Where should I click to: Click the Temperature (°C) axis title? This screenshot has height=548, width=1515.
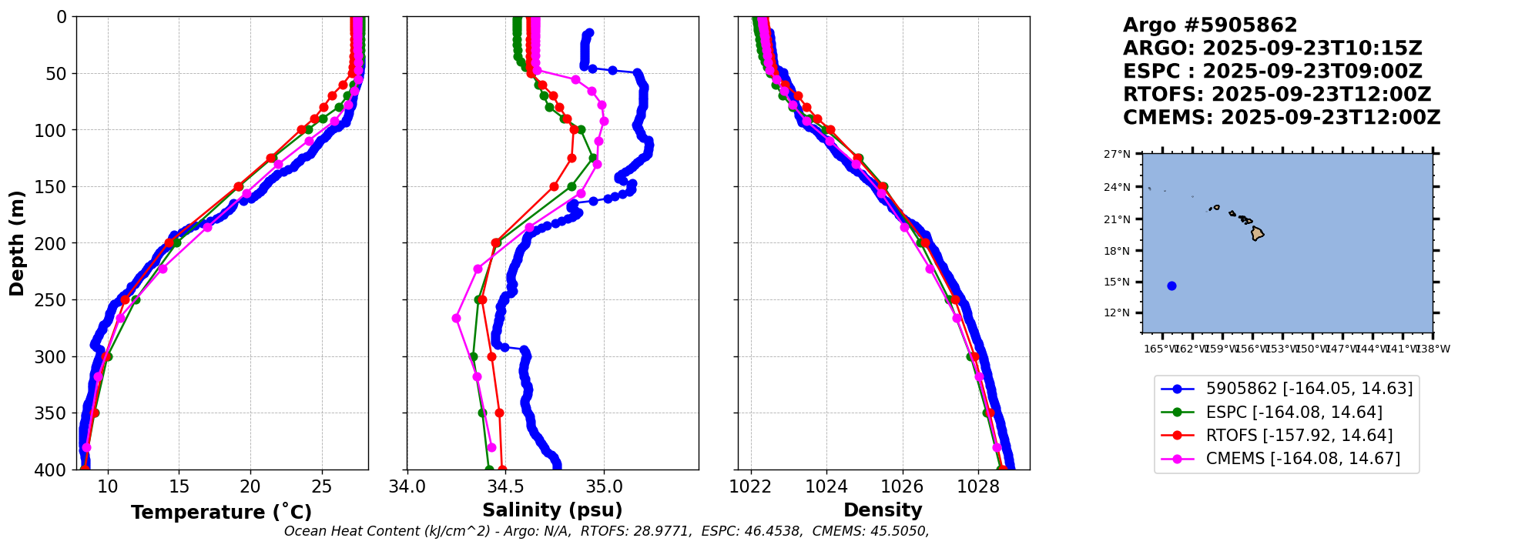(221, 513)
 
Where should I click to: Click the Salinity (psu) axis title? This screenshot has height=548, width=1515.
(552, 510)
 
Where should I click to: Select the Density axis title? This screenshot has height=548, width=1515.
(883, 510)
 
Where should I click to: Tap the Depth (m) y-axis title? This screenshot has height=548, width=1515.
(17, 243)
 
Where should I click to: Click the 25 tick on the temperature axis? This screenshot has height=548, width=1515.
(322, 486)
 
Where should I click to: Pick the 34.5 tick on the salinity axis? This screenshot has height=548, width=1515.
(505, 486)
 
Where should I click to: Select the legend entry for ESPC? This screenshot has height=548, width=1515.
(1294, 413)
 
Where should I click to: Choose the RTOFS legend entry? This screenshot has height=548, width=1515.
(1299, 436)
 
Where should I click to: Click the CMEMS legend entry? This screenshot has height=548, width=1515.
(1303, 459)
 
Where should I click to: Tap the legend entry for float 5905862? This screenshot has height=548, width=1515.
(1309, 389)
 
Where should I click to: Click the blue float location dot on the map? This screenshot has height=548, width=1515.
(1171, 286)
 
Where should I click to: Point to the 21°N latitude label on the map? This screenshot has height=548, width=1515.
(1117, 219)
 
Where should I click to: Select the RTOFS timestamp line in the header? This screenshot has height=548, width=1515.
(1276, 95)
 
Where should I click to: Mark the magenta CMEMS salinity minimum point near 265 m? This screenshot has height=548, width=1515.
(456, 318)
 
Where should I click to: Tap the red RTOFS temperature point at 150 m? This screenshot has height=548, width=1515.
(239, 186)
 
